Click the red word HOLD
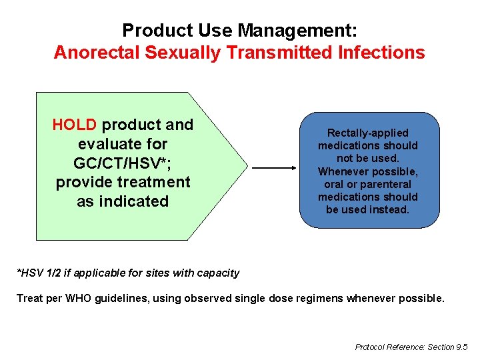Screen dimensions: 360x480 [75, 125]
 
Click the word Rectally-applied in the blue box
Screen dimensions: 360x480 [368, 133]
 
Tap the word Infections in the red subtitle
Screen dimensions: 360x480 [378, 53]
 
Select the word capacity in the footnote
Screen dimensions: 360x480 [219, 272]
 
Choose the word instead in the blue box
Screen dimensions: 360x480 [390, 209]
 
